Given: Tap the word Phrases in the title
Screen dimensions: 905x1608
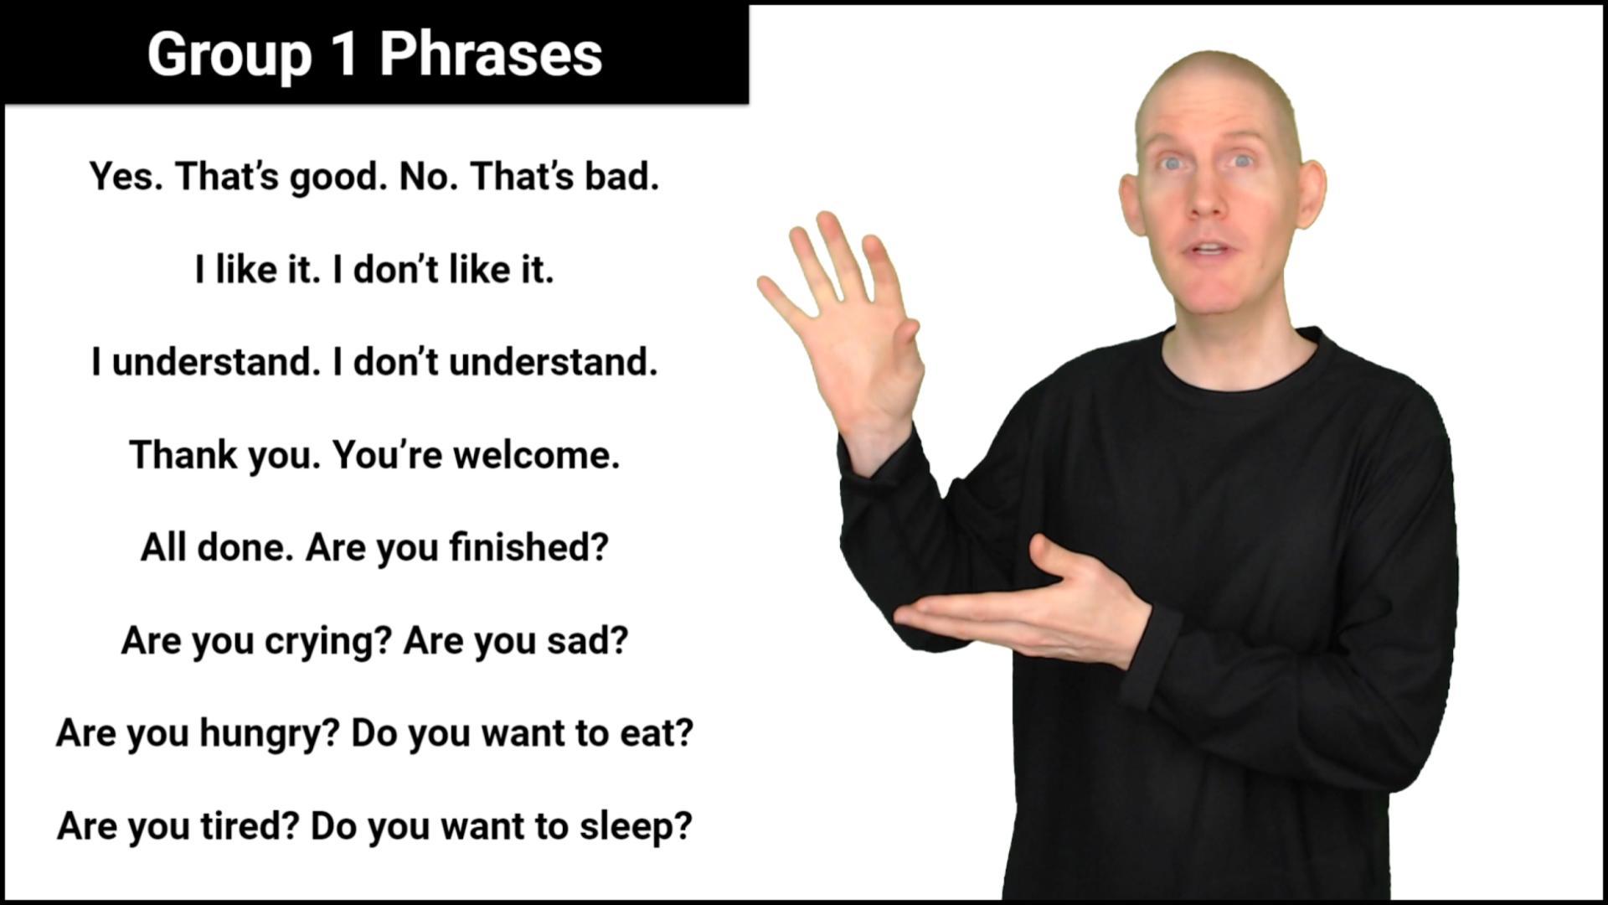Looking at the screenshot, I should [491, 54].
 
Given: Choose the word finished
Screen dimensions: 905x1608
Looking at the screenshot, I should [528, 547].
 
